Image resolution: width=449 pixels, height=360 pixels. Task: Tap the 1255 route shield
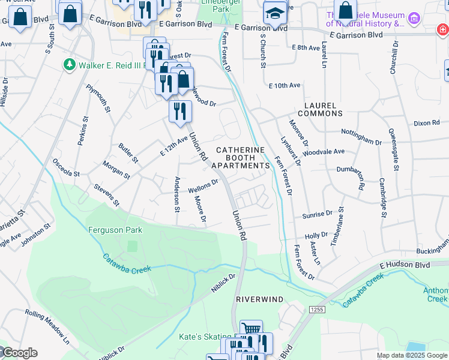pyautogui.click(x=316, y=309)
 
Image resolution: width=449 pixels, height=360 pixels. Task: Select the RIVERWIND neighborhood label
pyautogui.click(x=259, y=298)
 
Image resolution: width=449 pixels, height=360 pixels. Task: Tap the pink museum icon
pyautogui.click(x=413, y=19)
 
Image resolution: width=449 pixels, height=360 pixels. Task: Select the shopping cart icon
pyautogui.click(x=251, y=329)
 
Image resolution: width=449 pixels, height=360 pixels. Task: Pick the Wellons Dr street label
pyautogui.click(x=203, y=187)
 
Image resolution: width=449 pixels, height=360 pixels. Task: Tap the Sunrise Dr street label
pyautogui.click(x=318, y=214)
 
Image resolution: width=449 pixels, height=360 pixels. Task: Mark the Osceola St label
pyautogui.click(x=66, y=167)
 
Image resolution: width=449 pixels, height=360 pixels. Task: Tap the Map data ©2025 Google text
pyautogui.click(x=412, y=355)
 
